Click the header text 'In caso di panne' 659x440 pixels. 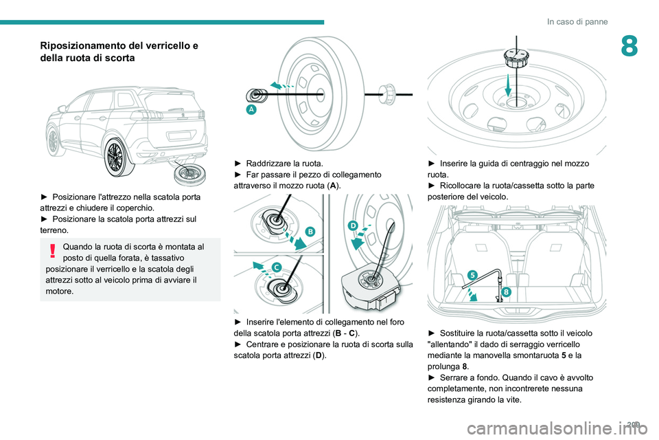[577, 21]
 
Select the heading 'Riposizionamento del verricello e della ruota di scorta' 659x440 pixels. [119, 52]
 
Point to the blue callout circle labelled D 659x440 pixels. [353, 225]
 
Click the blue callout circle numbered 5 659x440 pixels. [472, 275]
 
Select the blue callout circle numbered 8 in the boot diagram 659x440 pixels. [505, 291]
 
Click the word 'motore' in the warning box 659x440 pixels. [60, 291]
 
